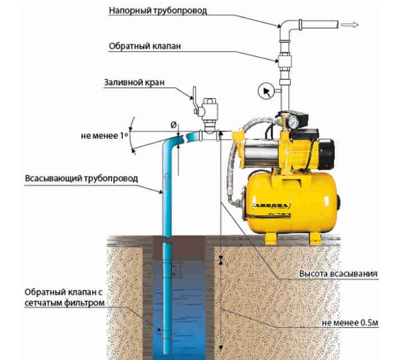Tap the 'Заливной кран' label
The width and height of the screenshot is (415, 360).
tap(134, 82)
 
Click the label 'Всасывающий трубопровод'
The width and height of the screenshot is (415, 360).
tap(81, 178)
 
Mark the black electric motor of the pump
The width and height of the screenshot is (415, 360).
tap(325, 151)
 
